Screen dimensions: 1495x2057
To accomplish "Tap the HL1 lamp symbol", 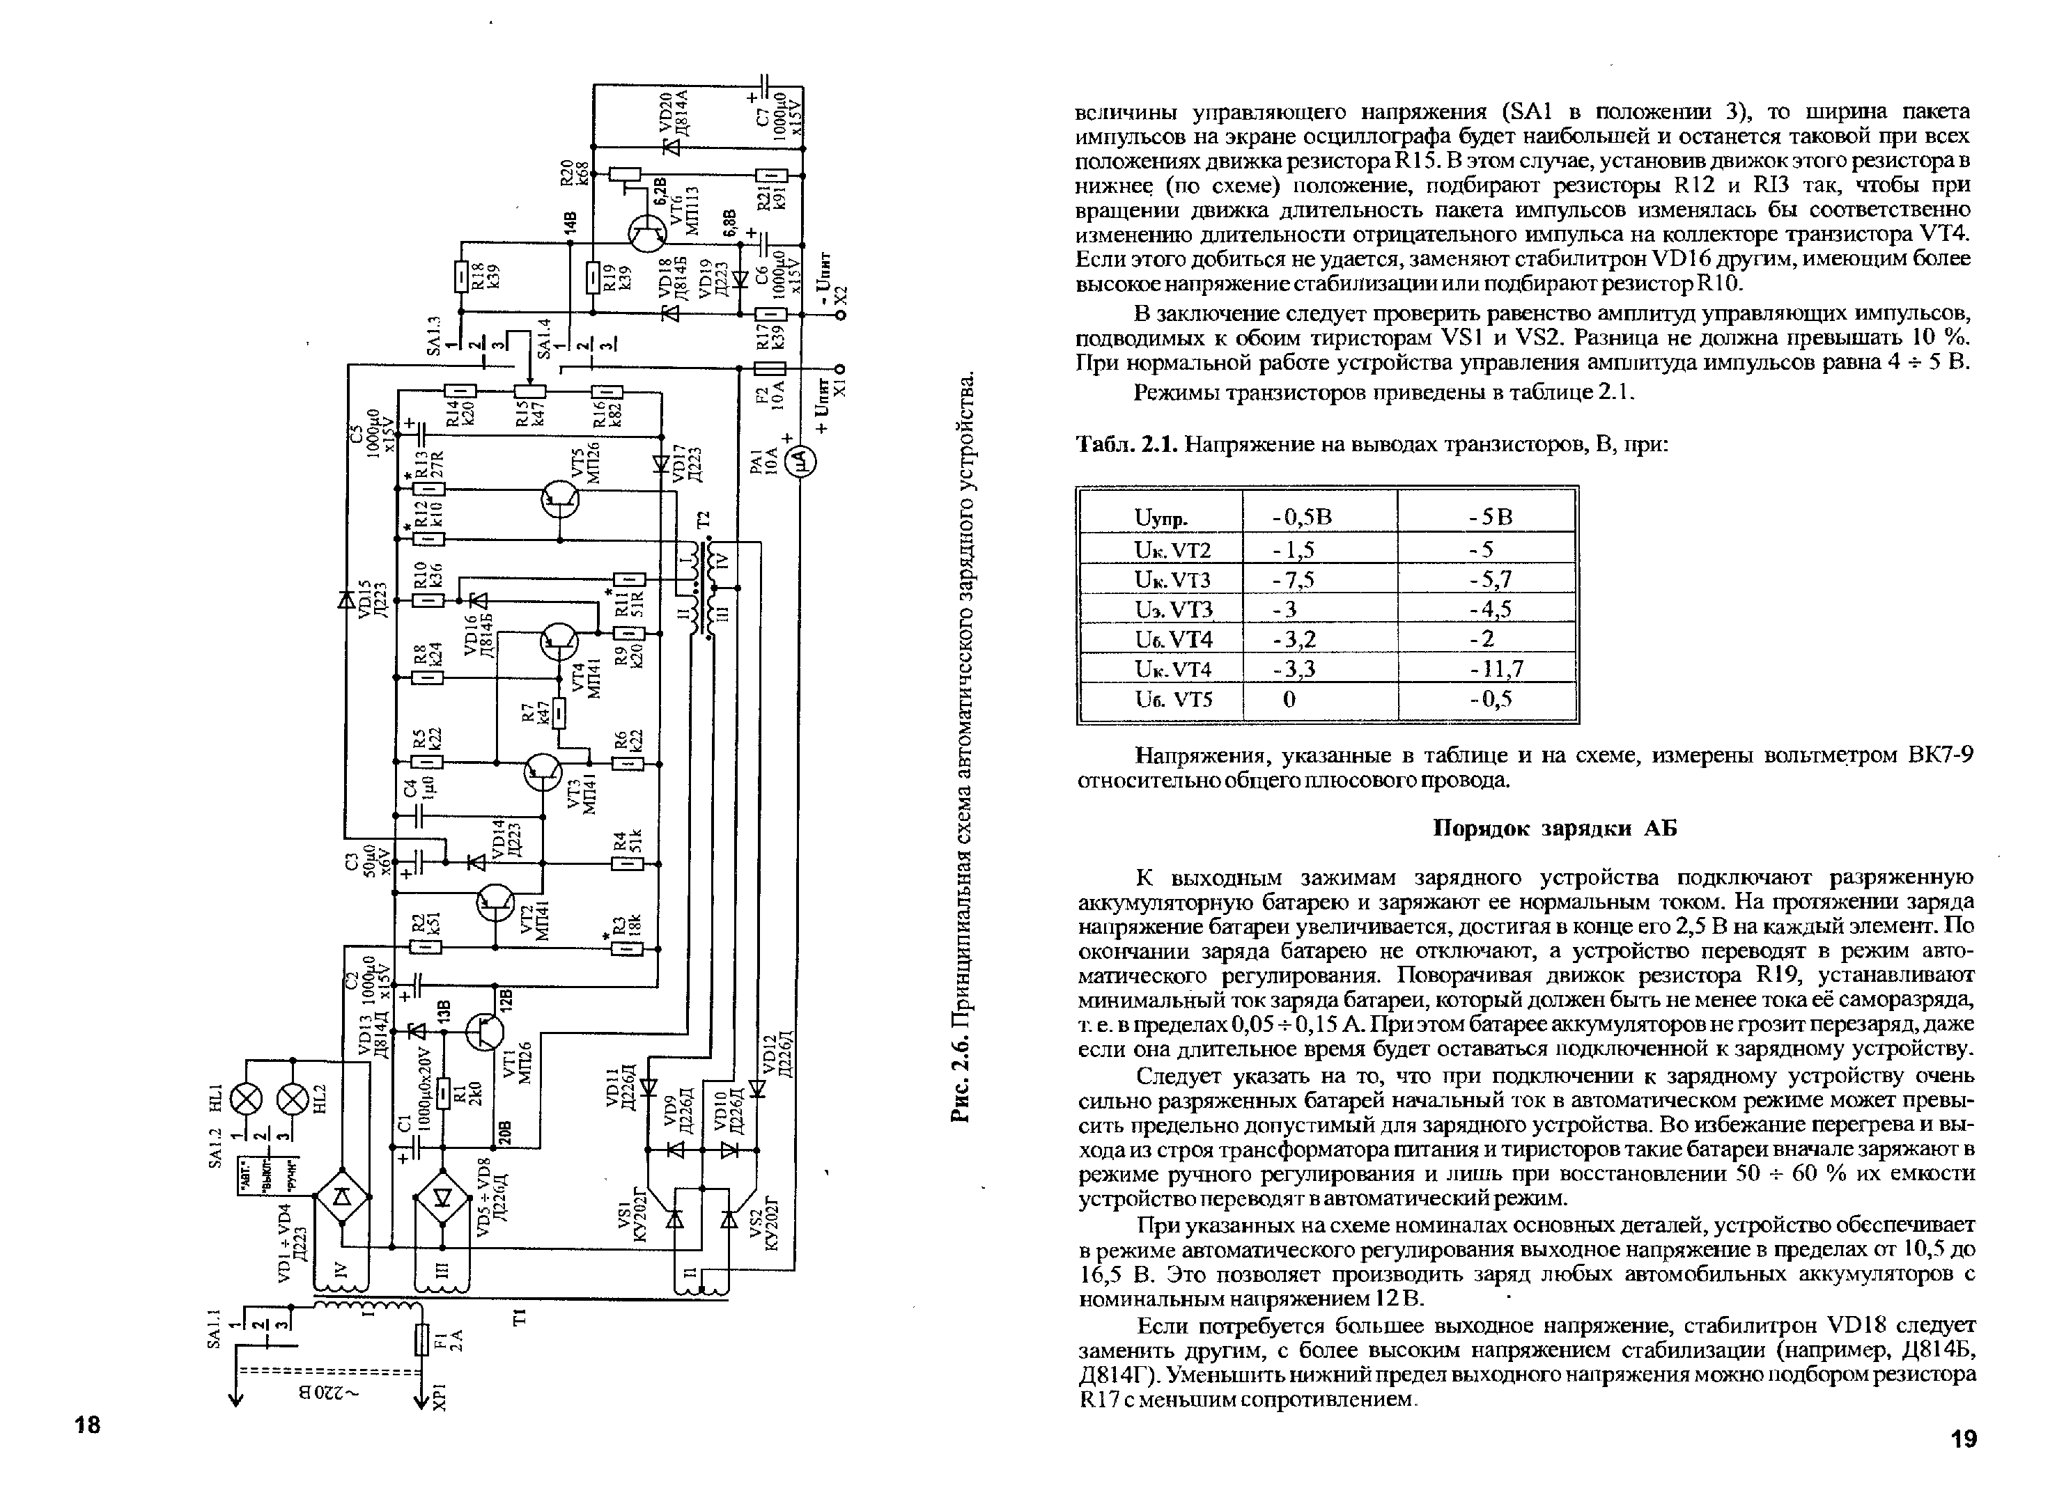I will (x=246, y=1102).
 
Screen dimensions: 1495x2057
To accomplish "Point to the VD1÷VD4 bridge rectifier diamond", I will (x=342, y=1198).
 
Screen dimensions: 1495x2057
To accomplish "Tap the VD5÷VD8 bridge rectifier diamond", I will (x=442, y=1198).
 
